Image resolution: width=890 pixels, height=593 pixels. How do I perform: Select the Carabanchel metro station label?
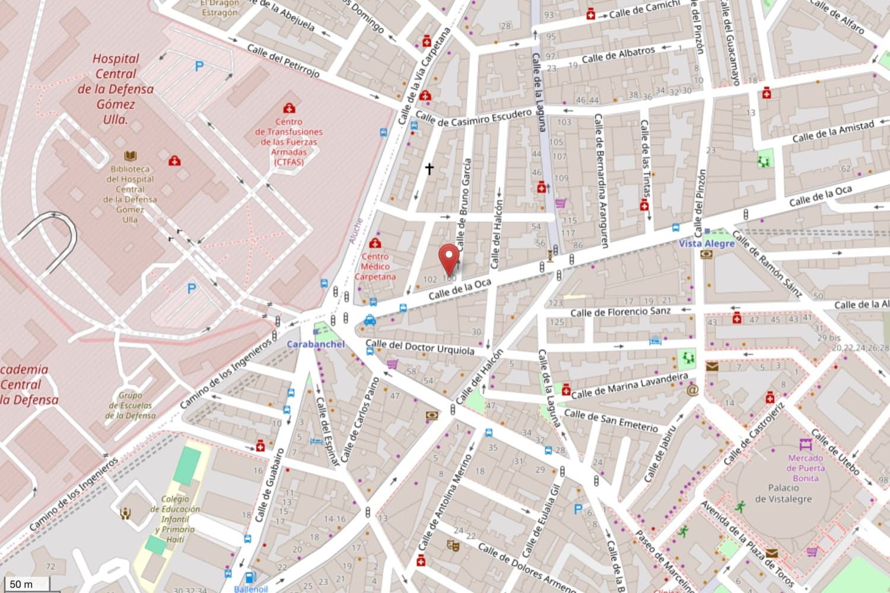[315, 344]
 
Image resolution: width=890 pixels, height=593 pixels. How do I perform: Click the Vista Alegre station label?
[707, 243]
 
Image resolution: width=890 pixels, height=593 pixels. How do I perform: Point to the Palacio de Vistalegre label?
[783, 493]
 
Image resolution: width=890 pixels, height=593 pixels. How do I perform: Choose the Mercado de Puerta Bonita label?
[805, 467]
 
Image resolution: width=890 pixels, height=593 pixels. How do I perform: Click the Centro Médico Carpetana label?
[375, 266]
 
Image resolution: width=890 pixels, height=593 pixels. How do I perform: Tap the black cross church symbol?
[429, 169]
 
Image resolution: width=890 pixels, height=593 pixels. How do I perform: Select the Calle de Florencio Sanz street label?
[620, 311]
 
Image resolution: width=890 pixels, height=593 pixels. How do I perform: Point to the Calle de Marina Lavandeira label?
[629, 386]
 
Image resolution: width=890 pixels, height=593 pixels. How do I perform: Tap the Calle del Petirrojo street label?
[283, 60]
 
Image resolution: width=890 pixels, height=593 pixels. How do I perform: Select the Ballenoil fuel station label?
[251, 588]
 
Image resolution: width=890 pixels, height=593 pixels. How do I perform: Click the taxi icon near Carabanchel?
[370, 321]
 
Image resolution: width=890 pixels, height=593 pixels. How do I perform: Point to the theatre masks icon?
[453, 545]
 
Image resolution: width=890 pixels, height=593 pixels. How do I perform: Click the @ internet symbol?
[692, 390]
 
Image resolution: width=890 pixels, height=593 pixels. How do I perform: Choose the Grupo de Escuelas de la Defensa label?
[131, 405]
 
